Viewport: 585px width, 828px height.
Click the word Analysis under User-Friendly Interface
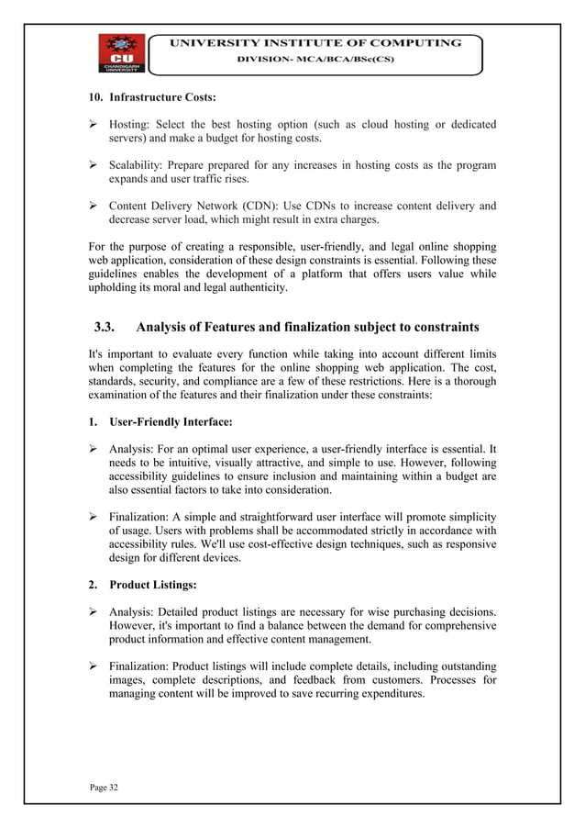click(137, 449)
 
